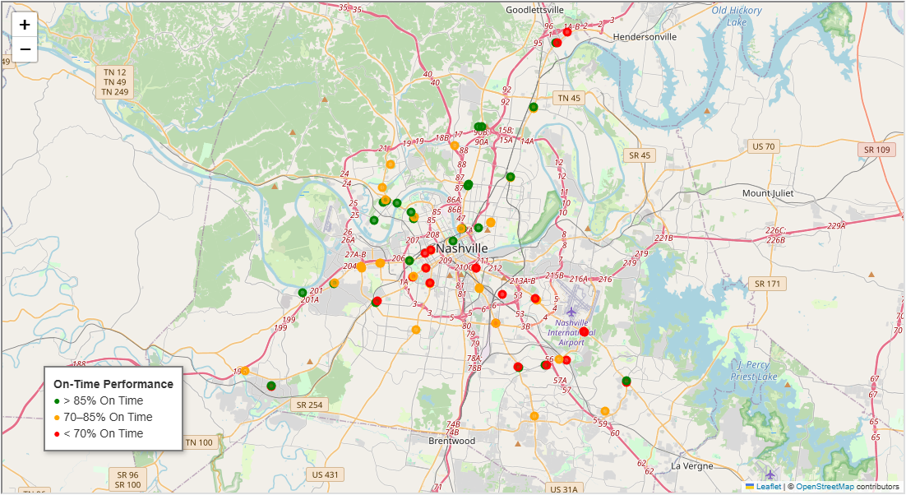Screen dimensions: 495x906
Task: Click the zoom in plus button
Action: point(25,25)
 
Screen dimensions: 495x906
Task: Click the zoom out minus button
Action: point(25,50)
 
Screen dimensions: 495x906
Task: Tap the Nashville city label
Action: point(462,248)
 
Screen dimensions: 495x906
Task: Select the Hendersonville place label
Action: point(645,37)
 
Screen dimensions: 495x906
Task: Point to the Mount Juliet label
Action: point(768,193)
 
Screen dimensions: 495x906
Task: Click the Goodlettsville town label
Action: point(535,10)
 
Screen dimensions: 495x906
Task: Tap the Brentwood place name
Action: point(452,441)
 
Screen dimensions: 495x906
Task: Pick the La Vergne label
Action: point(688,465)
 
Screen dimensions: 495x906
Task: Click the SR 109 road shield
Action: point(877,150)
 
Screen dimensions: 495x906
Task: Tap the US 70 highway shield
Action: point(763,146)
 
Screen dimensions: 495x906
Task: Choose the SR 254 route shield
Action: point(310,405)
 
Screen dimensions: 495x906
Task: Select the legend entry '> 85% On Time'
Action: point(103,401)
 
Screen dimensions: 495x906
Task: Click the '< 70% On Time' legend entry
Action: point(103,433)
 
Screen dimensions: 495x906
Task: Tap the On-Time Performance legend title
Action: point(113,384)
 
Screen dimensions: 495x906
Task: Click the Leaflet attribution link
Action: point(769,487)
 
